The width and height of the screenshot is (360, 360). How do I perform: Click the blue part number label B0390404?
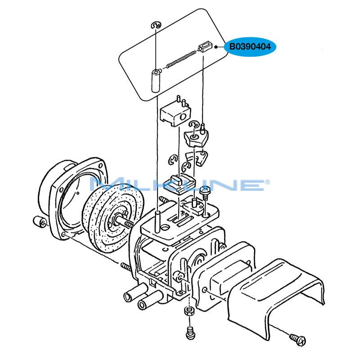click(250, 46)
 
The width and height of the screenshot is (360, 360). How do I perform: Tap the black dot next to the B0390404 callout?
click(216, 47)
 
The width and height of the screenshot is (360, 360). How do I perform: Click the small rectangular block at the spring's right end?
click(204, 47)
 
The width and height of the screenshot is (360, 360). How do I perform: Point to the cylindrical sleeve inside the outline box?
click(155, 81)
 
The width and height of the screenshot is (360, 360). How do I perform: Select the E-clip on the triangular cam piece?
click(193, 125)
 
